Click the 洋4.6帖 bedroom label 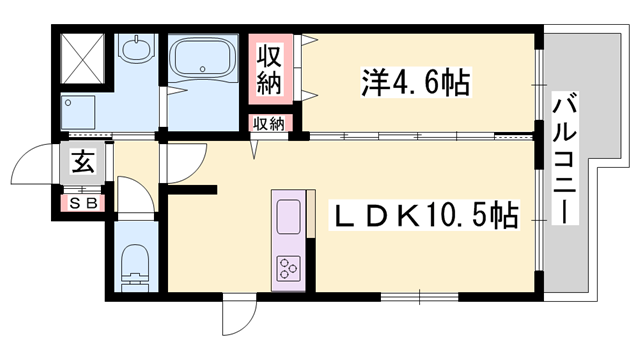416,82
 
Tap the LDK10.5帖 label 425,215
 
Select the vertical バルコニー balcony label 565,158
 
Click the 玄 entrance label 83,162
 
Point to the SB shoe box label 83,203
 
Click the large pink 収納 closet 270,69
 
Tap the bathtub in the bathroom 203,60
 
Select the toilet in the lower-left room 136,267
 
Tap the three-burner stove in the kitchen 289,269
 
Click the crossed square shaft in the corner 82,59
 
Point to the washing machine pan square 78,112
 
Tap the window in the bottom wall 419,297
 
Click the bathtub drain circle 202,68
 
